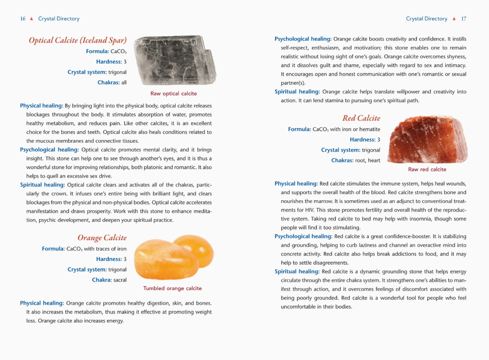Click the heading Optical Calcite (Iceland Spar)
point(78,40)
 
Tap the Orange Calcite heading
point(102,238)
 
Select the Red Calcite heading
point(361,118)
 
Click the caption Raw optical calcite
point(173,94)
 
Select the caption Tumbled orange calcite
point(172,288)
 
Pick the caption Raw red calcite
point(427,170)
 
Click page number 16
point(23,19)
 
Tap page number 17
point(464,19)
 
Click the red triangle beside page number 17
point(454,19)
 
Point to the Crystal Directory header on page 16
point(59,19)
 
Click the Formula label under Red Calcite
point(299,129)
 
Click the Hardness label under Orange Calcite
point(108,259)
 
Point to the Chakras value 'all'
point(123,83)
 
